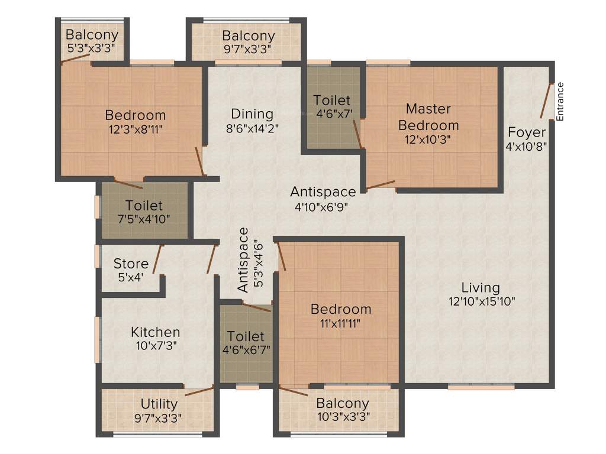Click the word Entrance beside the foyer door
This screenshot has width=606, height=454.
tap(560, 102)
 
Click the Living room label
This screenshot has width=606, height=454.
tap(481, 288)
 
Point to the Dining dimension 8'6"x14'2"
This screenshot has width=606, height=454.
tap(252, 127)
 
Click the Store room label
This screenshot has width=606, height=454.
tap(131, 264)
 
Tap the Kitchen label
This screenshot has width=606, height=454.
tap(156, 332)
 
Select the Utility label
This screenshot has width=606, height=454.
tap(159, 404)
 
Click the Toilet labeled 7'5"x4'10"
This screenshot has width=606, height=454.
tap(144, 206)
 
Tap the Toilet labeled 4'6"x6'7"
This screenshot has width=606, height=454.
tap(246, 337)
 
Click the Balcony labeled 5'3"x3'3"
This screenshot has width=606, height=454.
tap(92, 35)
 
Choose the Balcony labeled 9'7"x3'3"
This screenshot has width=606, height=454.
tap(248, 36)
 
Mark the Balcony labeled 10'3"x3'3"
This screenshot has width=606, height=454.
tap(343, 404)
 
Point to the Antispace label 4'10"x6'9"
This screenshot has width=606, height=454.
tap(323, 192)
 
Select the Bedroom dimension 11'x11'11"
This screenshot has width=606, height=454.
tap(341, 323)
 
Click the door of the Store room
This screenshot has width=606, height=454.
tap(157, 259)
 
